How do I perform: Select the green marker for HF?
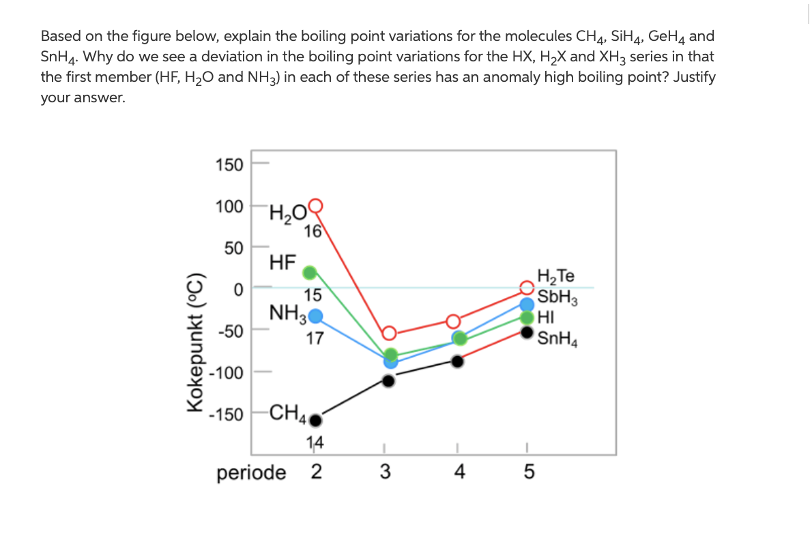point(310,273)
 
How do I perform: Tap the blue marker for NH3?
point(315,316)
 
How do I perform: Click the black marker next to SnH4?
point(527,332)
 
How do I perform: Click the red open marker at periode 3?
point(388,333)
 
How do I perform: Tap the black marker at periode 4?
point(458,361)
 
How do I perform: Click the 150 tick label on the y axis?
point(229,164)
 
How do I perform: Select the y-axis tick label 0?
point(239,291)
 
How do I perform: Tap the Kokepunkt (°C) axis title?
point(196,338)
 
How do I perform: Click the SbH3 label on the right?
point(557,298)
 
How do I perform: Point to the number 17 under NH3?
point(315,338)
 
